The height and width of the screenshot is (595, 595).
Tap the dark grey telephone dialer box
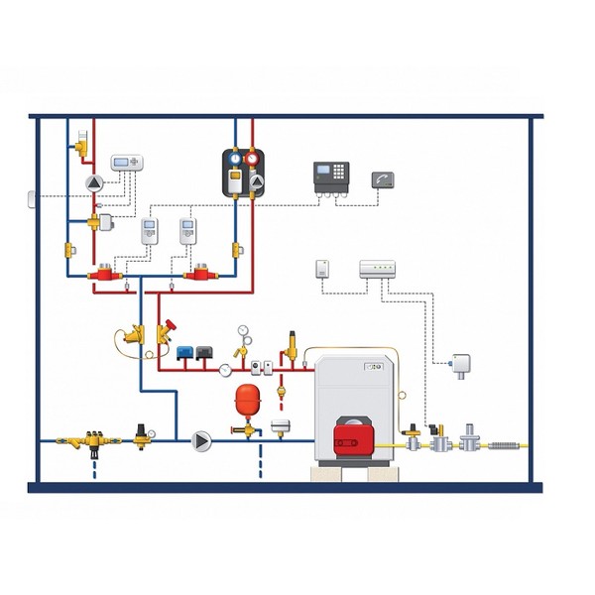385,179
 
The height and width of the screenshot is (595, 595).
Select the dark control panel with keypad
332,178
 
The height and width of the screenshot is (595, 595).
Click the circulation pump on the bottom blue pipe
201,440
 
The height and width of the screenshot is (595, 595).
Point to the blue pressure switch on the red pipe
185,351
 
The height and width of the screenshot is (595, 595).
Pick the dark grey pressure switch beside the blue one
204,351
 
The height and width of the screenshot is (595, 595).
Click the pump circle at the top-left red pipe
94,183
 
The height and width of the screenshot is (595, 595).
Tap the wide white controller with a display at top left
126,164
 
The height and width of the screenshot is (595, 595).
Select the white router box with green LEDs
378,268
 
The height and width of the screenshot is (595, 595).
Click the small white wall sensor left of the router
321,268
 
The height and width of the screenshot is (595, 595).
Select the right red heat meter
200,271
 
